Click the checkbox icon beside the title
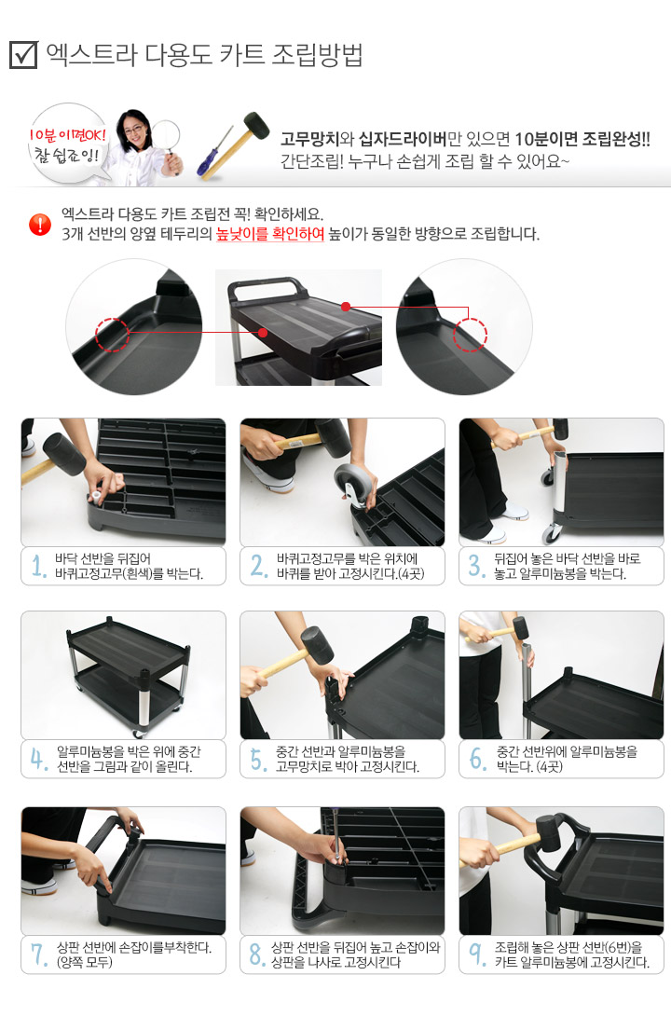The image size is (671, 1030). coord(23,55)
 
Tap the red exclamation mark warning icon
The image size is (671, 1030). coord(40,225)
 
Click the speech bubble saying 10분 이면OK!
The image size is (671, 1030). coord(67,144)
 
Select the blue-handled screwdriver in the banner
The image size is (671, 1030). coord(214,152)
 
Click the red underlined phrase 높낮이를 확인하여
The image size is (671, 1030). coord(270,234)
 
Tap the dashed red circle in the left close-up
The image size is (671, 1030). coord(112,335)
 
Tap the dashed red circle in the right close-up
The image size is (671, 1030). coord(470,335)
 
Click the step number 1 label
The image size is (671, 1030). coord(39,565)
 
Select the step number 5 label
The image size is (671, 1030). coord(259,759)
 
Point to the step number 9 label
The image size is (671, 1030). coord(477,954)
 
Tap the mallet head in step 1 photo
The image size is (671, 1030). coord(63,453)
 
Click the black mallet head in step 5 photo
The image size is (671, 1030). coord(317,645)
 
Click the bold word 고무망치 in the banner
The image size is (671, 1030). coord(309,139)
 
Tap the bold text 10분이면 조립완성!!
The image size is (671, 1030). coord(582,139)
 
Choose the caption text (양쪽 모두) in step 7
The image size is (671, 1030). coord(85,962)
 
